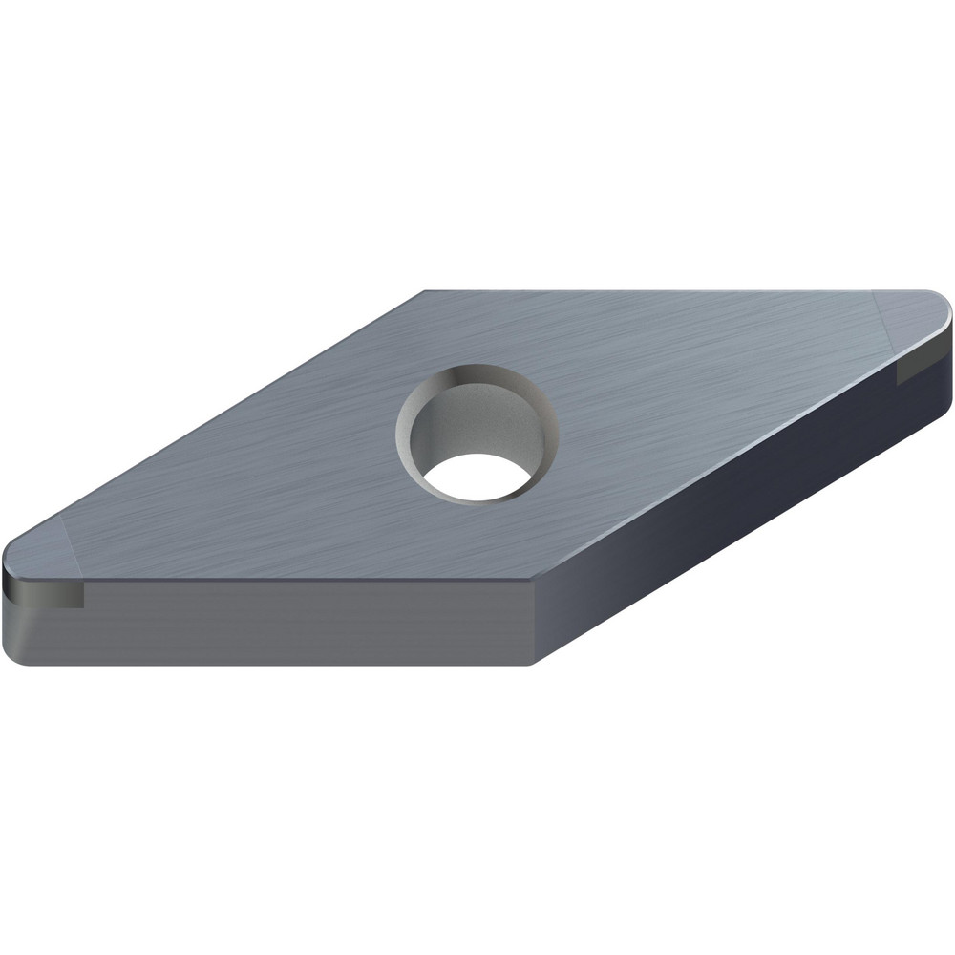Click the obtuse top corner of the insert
pyautogui.click(x=425, y=293)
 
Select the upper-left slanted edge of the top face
pyautogui.click(x=220, y=420)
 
